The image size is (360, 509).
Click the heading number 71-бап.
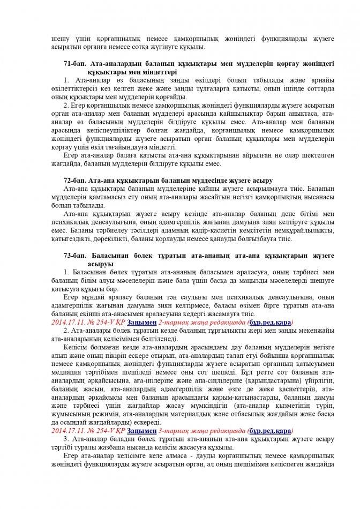pos(73,64)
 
